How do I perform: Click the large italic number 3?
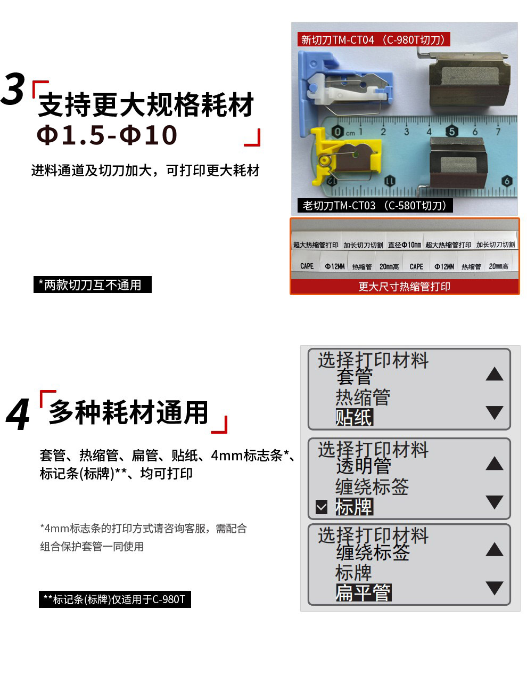(x=13, y=88)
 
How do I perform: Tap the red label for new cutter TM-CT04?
(x=373, y=39)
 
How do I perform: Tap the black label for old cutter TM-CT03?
(x=375, y=205)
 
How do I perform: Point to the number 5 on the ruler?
(x=452, y=132)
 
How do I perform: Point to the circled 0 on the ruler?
(x=337, y=132)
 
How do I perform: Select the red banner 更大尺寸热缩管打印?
(x=405, y=286)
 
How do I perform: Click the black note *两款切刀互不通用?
(x=92, y=285)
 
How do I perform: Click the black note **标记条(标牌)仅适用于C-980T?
(x=114, y=599)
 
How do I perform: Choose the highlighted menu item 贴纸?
(x=354, y=417)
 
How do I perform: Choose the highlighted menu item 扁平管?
(x=364, y=592)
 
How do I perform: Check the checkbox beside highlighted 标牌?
(x=322, y=507)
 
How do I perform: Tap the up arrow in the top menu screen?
(x=495, y=373)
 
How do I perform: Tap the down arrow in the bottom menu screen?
(x=495, y=588)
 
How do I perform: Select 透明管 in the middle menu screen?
(x=364, y=466)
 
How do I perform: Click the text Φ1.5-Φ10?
(x=107, y=135)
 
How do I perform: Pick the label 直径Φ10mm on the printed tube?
(x=405, y=245)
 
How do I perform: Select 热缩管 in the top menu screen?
(x=363, y=397)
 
